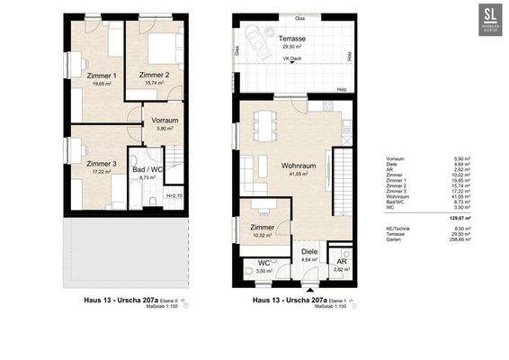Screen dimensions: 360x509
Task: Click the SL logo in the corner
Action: (x=489, y=19)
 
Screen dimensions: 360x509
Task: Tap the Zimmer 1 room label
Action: (x=102, y=76)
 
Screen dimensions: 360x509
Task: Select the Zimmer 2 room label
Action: (x=156, y=76)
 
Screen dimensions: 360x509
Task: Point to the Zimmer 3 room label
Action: (x=102, y=164)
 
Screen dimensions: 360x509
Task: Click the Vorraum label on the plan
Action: (x=165, y=120)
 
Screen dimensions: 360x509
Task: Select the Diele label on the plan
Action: (x=309, y=252)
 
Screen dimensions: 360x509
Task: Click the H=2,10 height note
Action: (x=174, y=195)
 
